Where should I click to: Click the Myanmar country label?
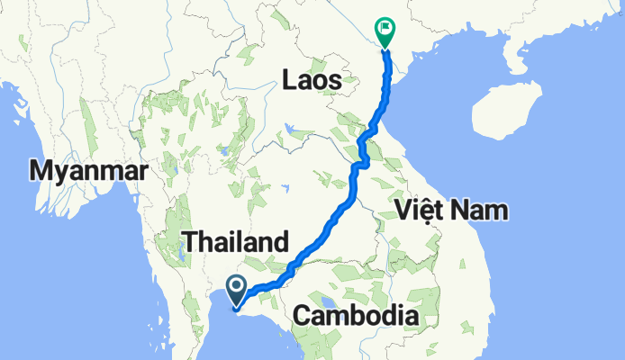pos(88,169)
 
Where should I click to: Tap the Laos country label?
pos(311,80)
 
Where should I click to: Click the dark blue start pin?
pos(236,291)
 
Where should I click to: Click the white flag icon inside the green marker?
pos(387,30)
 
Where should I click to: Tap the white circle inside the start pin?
pos(236,287)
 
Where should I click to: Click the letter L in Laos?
pos(288,80)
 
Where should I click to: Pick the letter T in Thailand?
pos(189,241)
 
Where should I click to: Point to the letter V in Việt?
pos(403,211)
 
